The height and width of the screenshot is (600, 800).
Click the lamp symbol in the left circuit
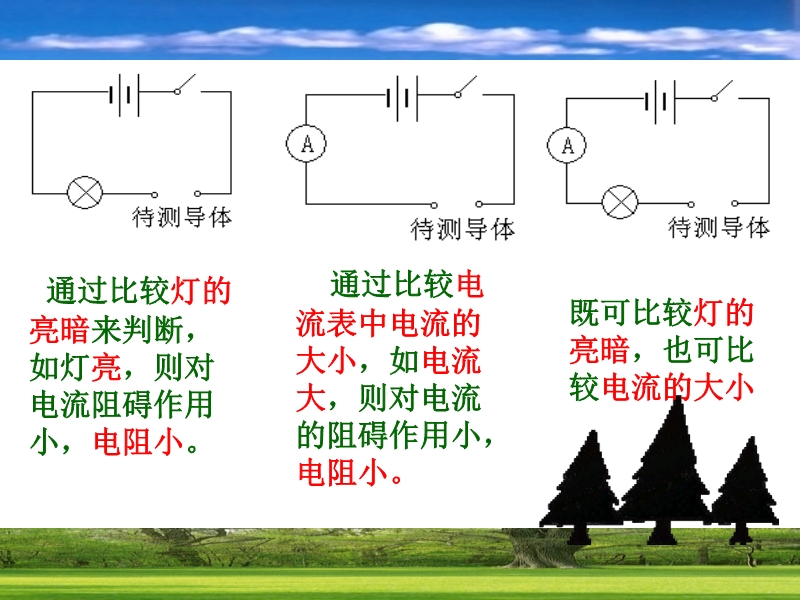coord(85,192)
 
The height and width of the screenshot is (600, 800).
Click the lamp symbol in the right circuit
coord(620,202)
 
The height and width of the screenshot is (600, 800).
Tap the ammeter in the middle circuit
coord(306,143)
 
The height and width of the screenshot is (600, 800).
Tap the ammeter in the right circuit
coord(567,145)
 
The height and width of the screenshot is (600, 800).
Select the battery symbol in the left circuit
coord(124,95)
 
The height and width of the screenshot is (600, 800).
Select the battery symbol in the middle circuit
coord(402,98)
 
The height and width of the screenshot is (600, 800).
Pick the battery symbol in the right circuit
coord(660,102)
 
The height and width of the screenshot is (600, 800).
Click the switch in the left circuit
coord(186,85)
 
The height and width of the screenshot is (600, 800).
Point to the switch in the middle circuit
coord(467,87)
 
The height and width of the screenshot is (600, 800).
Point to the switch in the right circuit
coord(723,91)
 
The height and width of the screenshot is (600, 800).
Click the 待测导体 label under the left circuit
coord(182,217)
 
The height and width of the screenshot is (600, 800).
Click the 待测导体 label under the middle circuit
coord(463,229)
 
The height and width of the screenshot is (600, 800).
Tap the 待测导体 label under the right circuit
coord(719,227)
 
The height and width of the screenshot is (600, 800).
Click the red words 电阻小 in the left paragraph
coord(138,442)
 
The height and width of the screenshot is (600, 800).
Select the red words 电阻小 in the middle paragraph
coord(342,472)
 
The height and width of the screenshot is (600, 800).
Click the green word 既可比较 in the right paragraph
coord(631,312)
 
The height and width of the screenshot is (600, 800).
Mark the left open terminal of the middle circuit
coord(434,205)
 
